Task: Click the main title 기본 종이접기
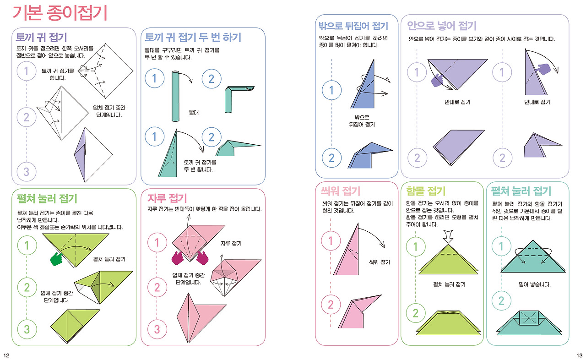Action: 60,14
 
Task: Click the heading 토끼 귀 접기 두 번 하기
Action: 193,37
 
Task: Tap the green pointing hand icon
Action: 57,259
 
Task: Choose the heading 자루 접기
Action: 167,198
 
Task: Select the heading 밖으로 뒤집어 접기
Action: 353,26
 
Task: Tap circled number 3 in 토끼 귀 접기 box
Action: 27,172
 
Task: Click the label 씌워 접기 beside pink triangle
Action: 379,262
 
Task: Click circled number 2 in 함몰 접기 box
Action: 416,314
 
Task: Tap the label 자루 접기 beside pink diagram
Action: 231,243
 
